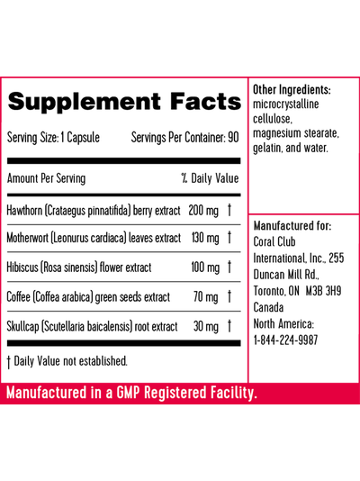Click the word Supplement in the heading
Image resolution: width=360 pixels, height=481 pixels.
[x=85, y=102]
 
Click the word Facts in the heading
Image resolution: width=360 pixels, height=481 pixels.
[x=205, y=101]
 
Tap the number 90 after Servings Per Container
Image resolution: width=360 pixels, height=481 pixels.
[x=233, y=138]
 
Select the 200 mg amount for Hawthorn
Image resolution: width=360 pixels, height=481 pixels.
[x=203, y=211]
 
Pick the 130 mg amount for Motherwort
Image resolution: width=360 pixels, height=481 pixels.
[x=205, y=238]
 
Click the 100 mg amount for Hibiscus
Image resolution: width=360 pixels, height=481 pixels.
[x=205, y=268]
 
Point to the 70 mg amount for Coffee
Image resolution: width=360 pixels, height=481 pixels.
[x=206, y=297]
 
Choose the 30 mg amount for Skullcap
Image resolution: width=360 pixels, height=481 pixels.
[x=206, y=326]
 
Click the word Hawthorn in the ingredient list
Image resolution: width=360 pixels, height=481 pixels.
[x=24, y=211]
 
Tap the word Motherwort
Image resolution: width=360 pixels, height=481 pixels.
[x=27, y=238]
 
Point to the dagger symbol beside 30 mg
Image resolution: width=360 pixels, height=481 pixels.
[x=229, y=326]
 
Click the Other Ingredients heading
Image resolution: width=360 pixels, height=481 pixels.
[x=292, y=90]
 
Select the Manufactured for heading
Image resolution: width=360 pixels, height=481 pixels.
[x=292, y=226]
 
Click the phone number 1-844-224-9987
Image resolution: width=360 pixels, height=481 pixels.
[x=285, y=340]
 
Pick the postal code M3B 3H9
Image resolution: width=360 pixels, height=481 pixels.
[x=323, y=291]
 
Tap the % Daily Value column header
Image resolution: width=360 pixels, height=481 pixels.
[x=210, y=178]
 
